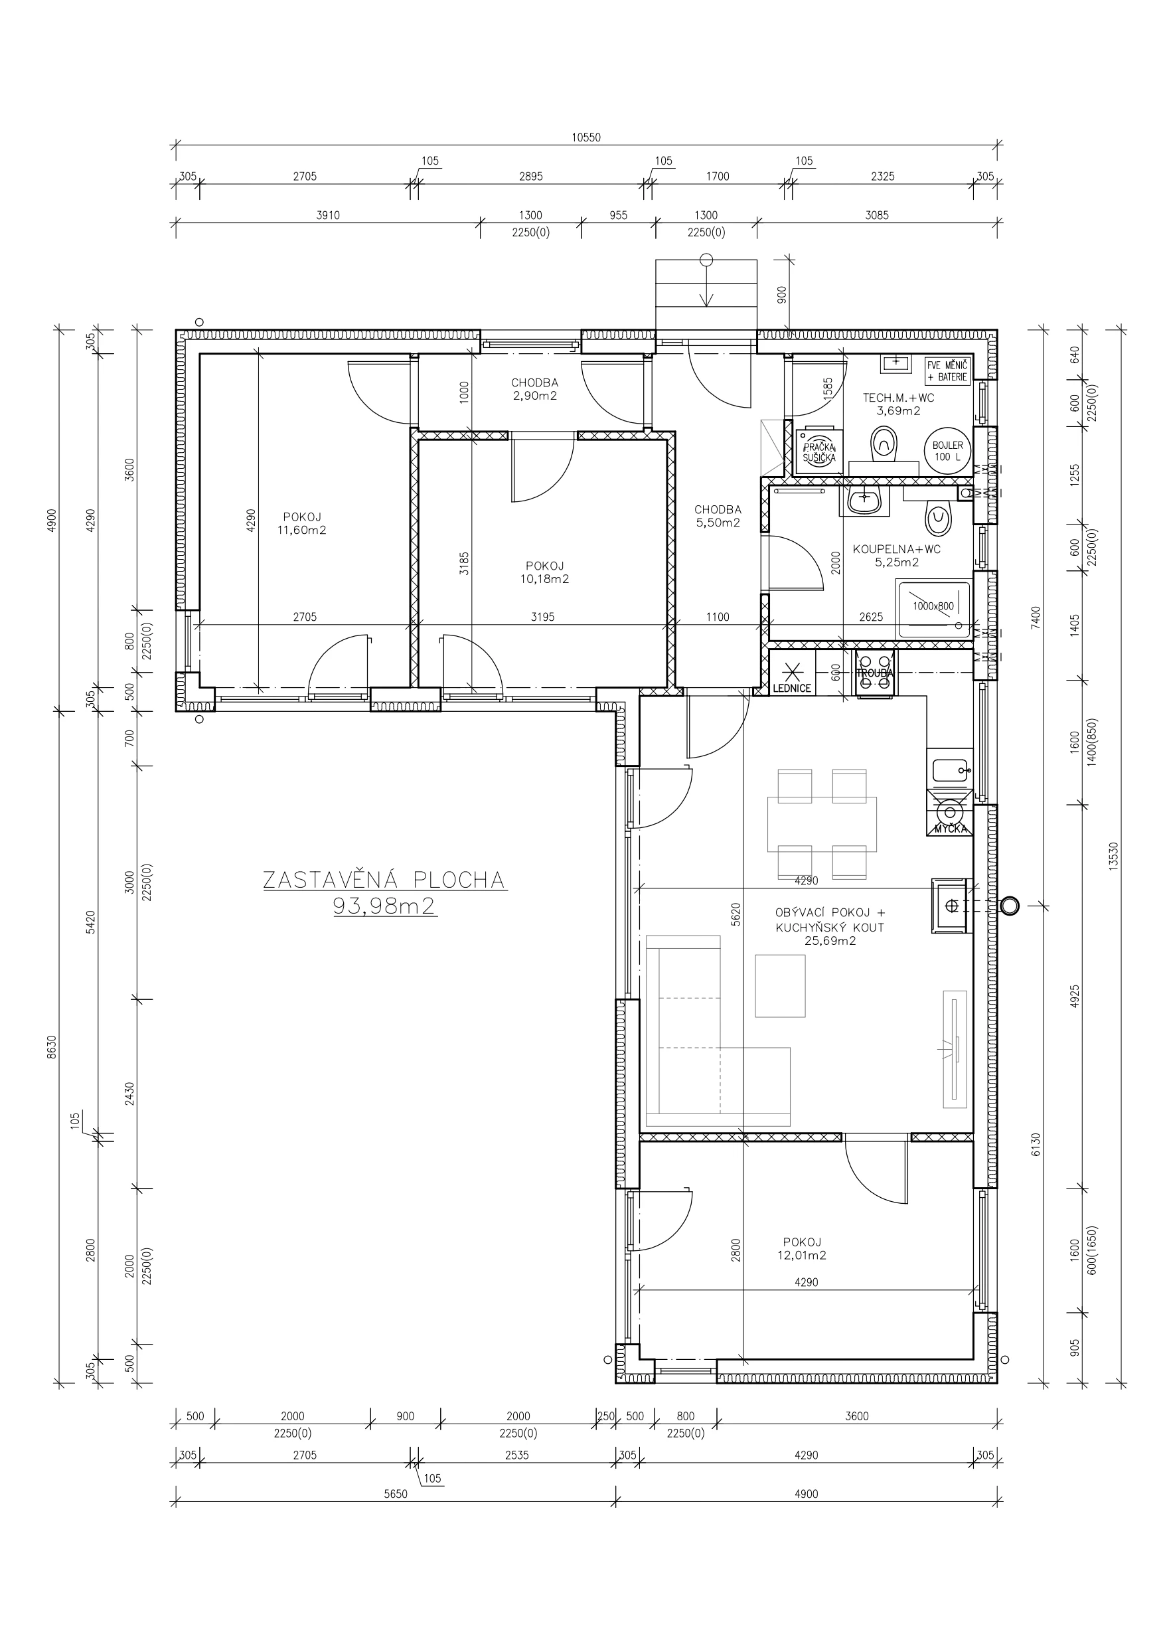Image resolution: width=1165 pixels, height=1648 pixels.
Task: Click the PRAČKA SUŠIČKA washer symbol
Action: [x=819, y=452]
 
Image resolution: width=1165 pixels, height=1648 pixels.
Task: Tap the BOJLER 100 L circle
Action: [x=947, y=451]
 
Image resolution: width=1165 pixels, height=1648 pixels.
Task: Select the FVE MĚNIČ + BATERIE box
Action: [x=947, y=371]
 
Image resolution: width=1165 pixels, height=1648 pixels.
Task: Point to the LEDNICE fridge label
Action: [x=792, y=689]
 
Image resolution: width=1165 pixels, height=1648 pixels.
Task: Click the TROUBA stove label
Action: [x=874, y=673]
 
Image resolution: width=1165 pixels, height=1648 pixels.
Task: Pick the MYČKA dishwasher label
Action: [x=952, y=830]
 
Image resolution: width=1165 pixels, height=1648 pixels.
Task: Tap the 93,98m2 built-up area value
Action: [x=385, y=906]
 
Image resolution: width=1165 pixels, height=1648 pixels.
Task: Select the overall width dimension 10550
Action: [x=585, y=138]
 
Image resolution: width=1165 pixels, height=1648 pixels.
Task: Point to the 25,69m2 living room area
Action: [x=830, y=942]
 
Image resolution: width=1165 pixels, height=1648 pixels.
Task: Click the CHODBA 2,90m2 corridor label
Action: [x=535, y=389]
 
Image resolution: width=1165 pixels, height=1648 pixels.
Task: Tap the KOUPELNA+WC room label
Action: [x=897, y=549]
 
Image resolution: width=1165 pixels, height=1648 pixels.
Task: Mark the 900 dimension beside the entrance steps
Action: [x=783, y=294]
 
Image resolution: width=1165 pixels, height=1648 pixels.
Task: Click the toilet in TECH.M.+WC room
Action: [x=884, y=445]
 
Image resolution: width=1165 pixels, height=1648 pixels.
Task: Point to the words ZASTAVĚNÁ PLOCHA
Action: [x=384, y=880]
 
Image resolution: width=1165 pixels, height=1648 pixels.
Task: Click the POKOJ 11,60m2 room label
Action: [x=301, y=523]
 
